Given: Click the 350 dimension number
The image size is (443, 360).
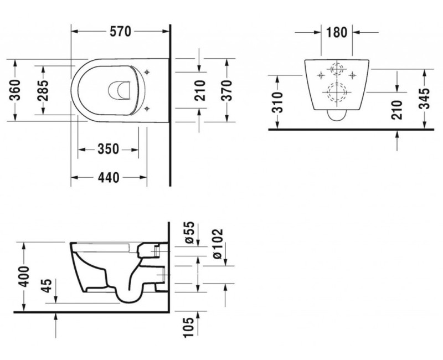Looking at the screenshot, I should (x=108, y=149).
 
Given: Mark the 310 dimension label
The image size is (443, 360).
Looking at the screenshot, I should (x=279, y=102).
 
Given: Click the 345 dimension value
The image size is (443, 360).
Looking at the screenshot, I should (x=425, y=99).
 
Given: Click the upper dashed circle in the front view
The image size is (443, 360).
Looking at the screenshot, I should (x=336, y=73).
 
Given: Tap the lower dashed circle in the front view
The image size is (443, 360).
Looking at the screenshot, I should (x=336, y=92).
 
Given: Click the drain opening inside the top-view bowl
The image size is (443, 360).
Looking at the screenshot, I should (x=121, y=91).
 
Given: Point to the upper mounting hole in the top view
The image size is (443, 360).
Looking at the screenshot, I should (x=147, y=71).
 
